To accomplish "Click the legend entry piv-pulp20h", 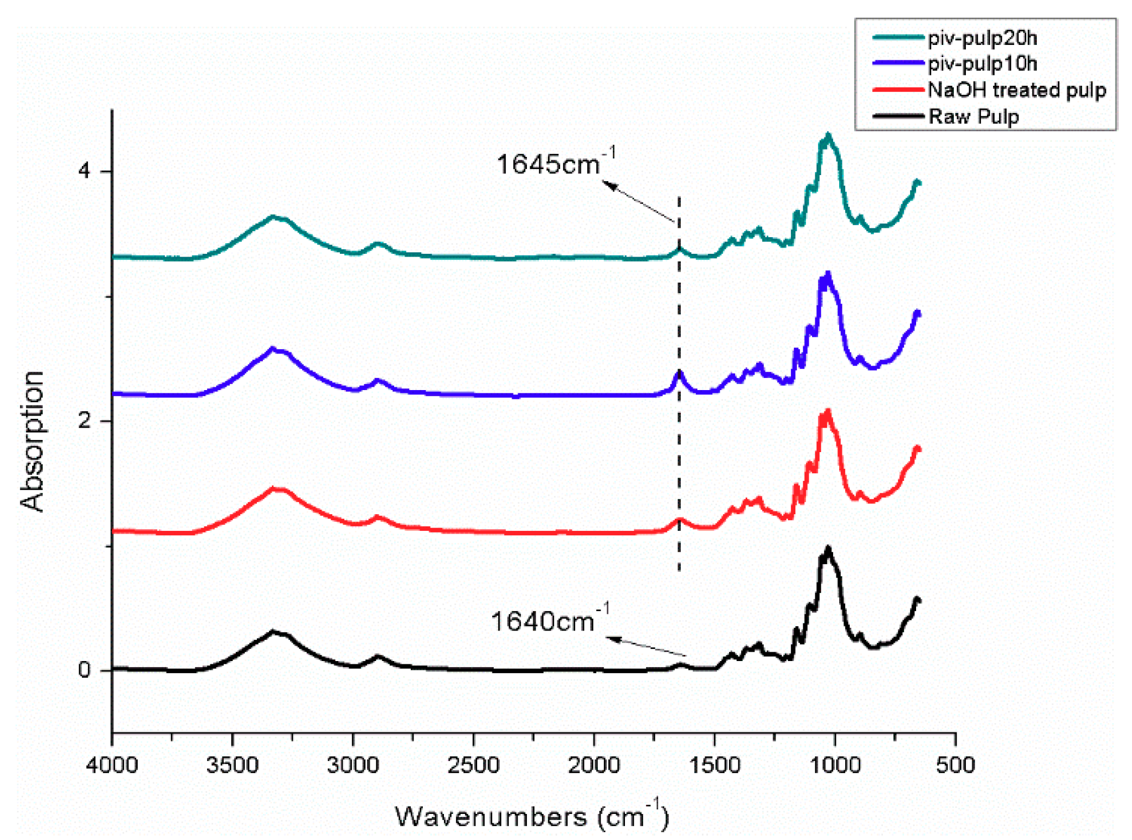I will (981, 38).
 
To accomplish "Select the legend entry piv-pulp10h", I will (981, 64).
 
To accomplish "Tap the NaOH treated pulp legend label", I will (1016, 90).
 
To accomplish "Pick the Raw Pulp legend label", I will (973, 116).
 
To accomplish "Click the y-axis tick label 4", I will (84, 171).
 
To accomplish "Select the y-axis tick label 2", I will (84, 421).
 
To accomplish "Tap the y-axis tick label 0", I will (84, 670).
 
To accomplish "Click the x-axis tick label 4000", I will (112, 765).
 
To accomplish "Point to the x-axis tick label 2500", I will (473, 765).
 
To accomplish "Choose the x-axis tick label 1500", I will (714, 765).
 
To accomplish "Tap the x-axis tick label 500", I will (955, 765).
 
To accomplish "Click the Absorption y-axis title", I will (32, 441).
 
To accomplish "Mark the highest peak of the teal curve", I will (828, 135).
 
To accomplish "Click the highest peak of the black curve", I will (828, 547).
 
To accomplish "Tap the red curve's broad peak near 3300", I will (273, 489).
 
